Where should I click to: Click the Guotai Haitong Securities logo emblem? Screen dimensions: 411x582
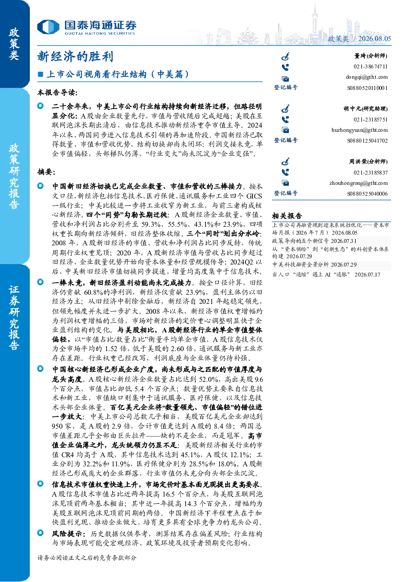[x=48, y=27]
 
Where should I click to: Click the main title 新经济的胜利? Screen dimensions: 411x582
[x=75, y=56]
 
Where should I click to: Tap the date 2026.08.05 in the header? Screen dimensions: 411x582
[x=375, y=39]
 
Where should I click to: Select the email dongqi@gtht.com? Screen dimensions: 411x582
[x=367, y=77]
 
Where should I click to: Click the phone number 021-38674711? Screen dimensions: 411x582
[x=370, y=66]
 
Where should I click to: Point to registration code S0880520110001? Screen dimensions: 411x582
[x=368, y=88]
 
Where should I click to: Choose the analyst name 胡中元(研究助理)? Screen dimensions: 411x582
[x=365, y=109]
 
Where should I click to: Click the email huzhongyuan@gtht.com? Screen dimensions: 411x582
[x=360, y=130]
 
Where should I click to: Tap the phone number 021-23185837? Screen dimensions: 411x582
[x=370, y=172]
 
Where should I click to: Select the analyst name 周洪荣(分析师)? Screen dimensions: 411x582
[x=368, y=162]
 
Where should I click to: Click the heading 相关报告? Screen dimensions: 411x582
[x=287, y=216]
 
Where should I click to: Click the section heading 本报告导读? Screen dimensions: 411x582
[x=57, y=92]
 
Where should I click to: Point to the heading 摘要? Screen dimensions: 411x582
[x=46, y=172]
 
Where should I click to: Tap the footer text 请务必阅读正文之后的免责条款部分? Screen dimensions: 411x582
[x=87, y=558]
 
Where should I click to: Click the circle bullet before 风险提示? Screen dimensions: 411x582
[x=41, y=533]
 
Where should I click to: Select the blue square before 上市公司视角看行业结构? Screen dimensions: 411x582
[x=40, y=74]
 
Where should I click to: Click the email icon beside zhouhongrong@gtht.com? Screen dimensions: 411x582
[x=285, y=183]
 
